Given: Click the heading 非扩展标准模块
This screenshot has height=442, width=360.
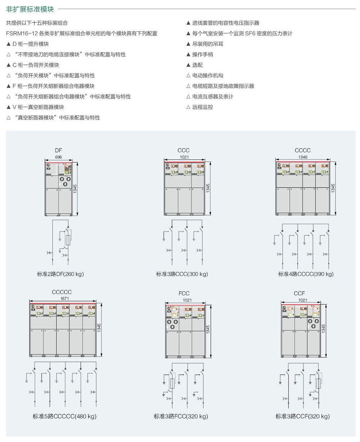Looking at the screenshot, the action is click(x=30, y=9).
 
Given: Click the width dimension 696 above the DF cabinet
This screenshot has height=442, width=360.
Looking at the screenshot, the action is click(x=58, y=157).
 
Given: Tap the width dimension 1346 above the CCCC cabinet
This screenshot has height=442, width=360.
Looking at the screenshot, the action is click(x=303, y=157).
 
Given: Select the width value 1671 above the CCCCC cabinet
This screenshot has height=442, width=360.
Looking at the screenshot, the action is click(x=65, y=298).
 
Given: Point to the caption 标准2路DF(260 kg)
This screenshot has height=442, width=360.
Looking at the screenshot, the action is click(x=60, y=274).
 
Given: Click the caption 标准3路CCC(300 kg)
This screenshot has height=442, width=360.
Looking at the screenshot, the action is click(x=182, y=274).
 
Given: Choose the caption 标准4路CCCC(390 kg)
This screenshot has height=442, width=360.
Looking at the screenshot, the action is click(x=306, y=274).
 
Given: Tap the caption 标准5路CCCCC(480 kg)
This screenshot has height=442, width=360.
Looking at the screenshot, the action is click(x=65, y=416).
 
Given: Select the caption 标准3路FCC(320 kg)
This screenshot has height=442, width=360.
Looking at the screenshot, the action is click(x=181, y=416).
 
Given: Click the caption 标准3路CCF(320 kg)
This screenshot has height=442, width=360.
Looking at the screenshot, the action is click(x=302, y=416).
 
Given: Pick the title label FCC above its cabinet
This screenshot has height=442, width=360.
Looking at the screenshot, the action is click(x=184, y=294).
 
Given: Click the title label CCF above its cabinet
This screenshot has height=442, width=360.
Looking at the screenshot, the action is click(x=299, y=294).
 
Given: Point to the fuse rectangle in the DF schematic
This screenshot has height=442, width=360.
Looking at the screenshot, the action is click(x=68, y=240).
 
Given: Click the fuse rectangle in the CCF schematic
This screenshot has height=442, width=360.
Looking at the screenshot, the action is click(x=319, y=383).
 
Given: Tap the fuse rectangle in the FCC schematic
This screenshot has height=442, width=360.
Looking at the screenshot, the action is click(x=172, y=383).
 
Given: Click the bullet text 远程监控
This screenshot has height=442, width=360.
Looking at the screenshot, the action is click(x=202, y=107).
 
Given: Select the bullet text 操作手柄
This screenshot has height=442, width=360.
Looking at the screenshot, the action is click(x=202, y=54).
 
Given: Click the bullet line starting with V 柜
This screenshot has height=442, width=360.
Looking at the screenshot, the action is click(x=38, y=107).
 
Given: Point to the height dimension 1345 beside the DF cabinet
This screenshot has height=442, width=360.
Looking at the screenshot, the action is click(x=75, y=189).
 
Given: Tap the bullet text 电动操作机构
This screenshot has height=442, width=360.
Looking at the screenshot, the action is click(x=208, y=75).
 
